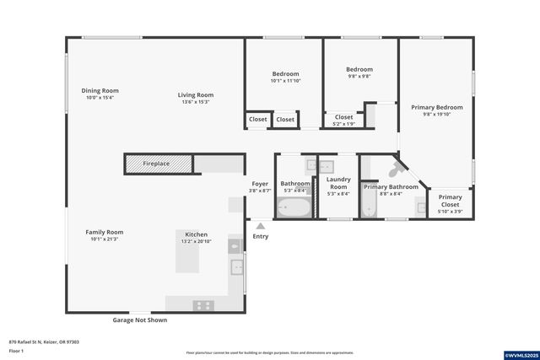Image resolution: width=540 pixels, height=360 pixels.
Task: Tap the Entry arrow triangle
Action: click(261, 226)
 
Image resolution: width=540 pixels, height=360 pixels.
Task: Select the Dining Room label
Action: click(100, 91)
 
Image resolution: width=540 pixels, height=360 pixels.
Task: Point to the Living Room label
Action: click(196, 95)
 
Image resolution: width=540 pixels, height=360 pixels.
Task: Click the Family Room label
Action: click(105, 232)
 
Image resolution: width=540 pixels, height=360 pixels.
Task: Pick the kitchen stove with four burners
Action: click(203, 305)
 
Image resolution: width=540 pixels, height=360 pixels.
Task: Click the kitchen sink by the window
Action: click(237, 267)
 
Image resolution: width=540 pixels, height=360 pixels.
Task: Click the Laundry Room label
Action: click(338, 180)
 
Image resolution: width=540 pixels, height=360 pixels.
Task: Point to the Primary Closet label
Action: click(451, 201)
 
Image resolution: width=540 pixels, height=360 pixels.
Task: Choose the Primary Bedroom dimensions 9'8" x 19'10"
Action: click(437, 115)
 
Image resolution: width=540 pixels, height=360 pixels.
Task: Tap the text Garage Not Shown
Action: click(139, 320)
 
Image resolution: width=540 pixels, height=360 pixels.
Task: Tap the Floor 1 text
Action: click(18, 351)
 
